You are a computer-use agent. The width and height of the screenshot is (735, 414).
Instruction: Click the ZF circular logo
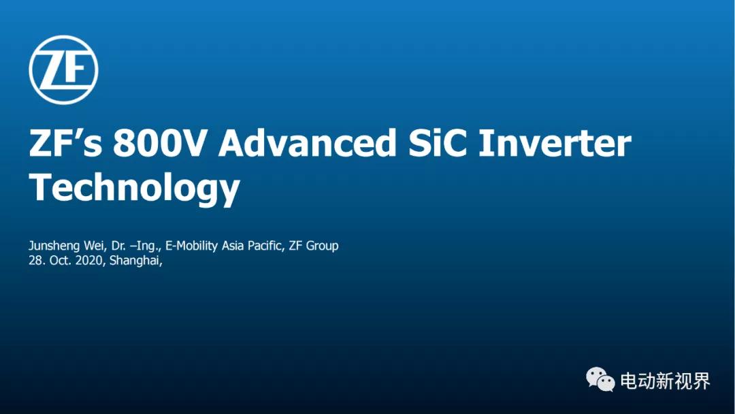tap(63, 70)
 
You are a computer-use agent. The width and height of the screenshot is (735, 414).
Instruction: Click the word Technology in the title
tap(135, 187)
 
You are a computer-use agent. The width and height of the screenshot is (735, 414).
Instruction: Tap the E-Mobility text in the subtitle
tap(193, 246)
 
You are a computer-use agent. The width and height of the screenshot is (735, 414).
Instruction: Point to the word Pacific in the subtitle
tap(266, 246)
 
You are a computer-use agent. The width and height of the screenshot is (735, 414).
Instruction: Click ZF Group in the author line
tap(314, 246)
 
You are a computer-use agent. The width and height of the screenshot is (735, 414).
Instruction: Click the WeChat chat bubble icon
tap(600, 379)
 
